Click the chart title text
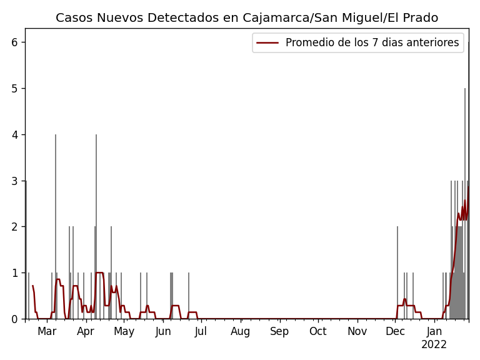coord(247,18)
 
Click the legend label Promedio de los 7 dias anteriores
coord(372,42)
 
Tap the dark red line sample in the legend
coord(267,42)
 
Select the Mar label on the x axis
coord(47,332)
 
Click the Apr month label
coord(86,332)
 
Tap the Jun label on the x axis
coord(163,332)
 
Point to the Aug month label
coord(241,332)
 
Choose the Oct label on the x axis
coord(317,332)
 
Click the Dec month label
coord(395,332)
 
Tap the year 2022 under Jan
coord(434,345)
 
